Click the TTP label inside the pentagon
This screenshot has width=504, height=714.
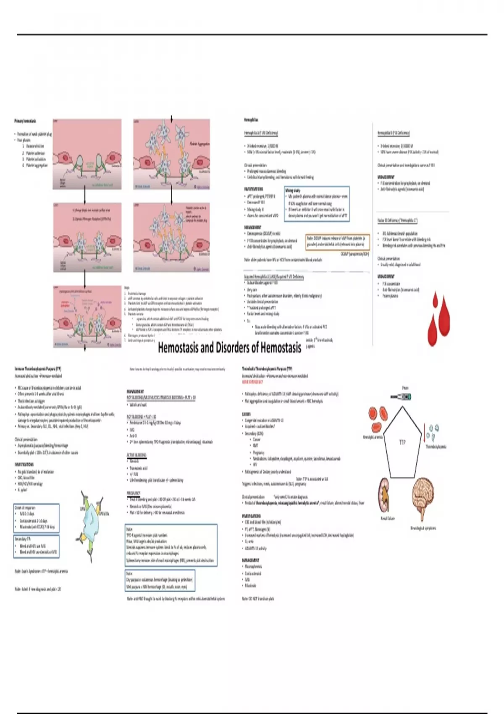[x=402, y=442]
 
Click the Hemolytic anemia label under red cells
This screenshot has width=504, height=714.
[x=373, y=437]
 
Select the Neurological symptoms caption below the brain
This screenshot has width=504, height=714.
[x=423, y=528]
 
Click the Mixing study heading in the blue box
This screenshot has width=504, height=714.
[x=293, y=190]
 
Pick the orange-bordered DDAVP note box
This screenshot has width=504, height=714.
[x=338, y=241]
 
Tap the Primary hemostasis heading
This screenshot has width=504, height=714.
[x=25, y=121]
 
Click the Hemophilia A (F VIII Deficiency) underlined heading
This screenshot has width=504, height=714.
[x=261, y=133]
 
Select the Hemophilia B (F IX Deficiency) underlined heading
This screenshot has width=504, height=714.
[x=393, y=133]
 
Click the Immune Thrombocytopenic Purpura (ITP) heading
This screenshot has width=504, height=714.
[x=38, y=369]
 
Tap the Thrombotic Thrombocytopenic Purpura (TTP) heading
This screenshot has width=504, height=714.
[x=267, y=369]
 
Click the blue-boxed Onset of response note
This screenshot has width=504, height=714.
[x=37, y=518]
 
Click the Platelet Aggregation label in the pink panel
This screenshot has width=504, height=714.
[x=199, y=144]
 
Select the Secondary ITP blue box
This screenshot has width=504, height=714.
[x=37, y=546]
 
